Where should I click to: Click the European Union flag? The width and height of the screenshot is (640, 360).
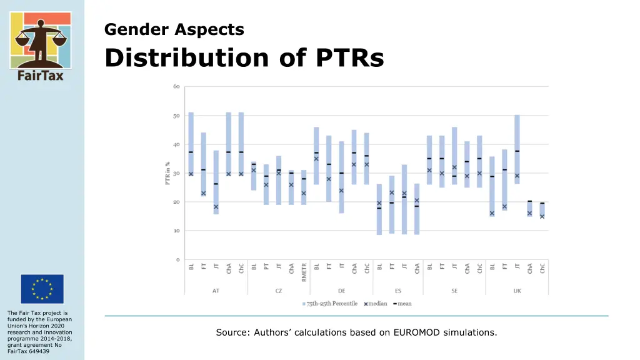click(42, 289)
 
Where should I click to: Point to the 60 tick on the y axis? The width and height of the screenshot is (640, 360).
click(176, 86)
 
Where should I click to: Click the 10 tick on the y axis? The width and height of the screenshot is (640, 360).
click(176, 231)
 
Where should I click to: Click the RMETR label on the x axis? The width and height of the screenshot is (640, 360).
click(304, 272)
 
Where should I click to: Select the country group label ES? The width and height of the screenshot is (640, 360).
click(398, 291)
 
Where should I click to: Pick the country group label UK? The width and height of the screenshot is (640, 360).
click(517, 291)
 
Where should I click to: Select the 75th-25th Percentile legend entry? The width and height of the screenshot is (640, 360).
click(330, 304)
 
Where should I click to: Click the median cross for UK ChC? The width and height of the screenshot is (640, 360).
click(542, 217)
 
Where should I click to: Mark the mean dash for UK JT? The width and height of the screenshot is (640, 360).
click(517, 151)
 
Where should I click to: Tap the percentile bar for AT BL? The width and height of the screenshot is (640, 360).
click(191, 144)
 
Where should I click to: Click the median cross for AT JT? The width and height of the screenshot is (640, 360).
click(216, 207)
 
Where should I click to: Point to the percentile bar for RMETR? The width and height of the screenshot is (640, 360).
click(304, 187)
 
